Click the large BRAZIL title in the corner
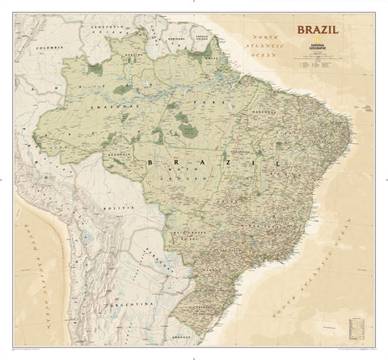pyautogui.click(x=318, y=32)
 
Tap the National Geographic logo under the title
pyautogui.click(x=318, y=46)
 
